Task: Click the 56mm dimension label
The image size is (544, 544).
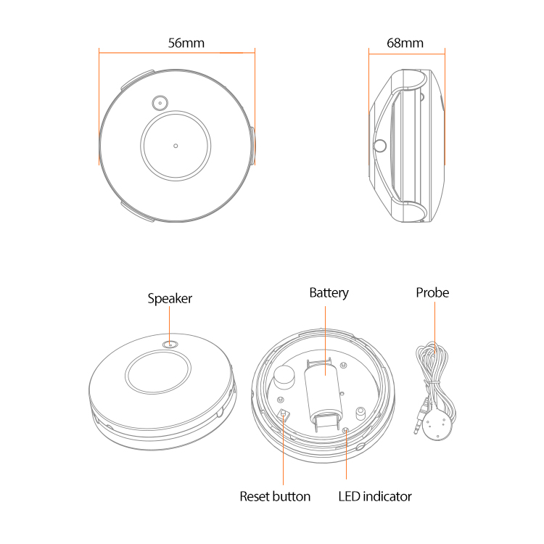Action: pos(186,43)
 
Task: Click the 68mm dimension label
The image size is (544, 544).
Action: pos(405,43)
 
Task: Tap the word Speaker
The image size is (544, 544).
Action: pos(170,299)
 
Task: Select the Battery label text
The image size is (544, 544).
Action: pos(329,293)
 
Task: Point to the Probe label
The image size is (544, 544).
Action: pos(432,292)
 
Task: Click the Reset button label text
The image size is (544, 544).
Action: pos(275,496)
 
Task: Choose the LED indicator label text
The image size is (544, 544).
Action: pos(375,496)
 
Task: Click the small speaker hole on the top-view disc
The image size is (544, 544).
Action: pos(160,103)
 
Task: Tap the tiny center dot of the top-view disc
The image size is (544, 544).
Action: pos(176,146)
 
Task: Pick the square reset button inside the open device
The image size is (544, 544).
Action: pos(284,413)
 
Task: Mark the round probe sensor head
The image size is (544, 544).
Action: pos(437,426)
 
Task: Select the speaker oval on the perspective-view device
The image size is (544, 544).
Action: pos(170,345)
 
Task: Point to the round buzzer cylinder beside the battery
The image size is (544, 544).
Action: pos(284,377)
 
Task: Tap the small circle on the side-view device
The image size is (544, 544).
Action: pos(379,146)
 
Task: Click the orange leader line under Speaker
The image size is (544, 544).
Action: pos(169,326)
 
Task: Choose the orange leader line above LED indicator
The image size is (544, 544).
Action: pos(346,455)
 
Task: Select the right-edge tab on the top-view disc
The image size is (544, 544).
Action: pos(252,146)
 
